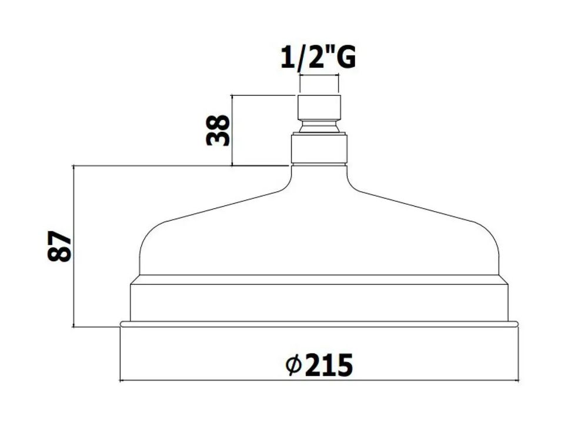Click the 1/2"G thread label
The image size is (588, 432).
pos(318,58)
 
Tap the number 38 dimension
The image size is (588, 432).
pos(218,130)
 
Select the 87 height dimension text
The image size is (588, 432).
pos(59,246)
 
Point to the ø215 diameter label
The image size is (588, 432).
pos(319,365)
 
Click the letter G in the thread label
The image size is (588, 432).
pos(345,58)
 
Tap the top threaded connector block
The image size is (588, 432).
pos(319,108)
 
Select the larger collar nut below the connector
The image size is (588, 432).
pos(319,149)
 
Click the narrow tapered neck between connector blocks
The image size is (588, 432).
pos(319,127)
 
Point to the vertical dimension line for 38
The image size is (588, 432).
pos(232,130)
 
